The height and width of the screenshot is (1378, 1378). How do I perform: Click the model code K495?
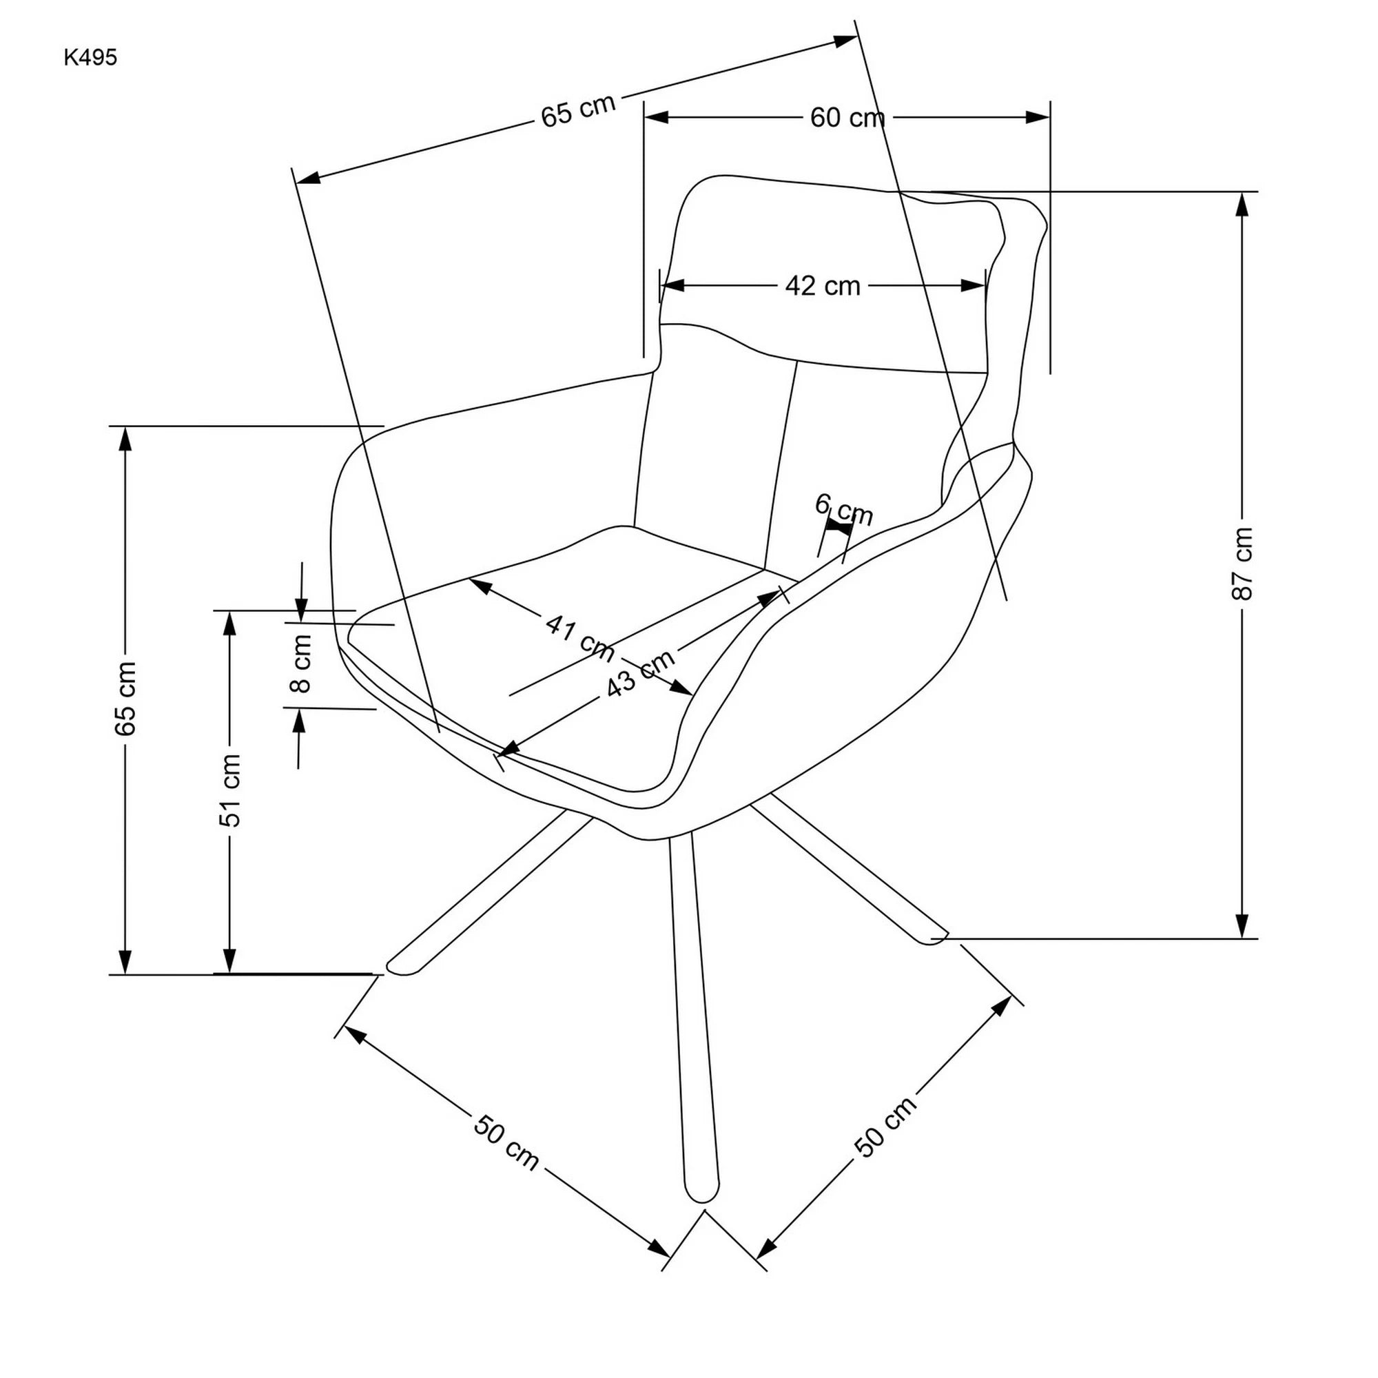(x=90, y=58)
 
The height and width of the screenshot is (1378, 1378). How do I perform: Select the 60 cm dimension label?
(x=847, y=118)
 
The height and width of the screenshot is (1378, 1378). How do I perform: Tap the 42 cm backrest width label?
(x=823, y=286)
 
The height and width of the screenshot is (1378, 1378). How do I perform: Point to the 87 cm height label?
(x=1242, y=564)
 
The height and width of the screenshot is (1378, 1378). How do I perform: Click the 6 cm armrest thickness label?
(x=844, y=508)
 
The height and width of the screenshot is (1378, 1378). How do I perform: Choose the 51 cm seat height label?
(x=229, y=790)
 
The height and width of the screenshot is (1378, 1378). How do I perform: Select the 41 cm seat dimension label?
(x=580, y=637)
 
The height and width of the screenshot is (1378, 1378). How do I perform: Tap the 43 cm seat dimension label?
(x=641, y=673)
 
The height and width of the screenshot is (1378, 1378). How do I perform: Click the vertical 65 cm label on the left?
(x=125, y=699)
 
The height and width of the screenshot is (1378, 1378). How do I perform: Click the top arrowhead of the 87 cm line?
(x=1242, y=204)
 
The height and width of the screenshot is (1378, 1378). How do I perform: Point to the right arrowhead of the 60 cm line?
(x=1038, y=118)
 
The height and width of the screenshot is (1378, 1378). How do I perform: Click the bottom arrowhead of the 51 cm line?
(x=229, y=960)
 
